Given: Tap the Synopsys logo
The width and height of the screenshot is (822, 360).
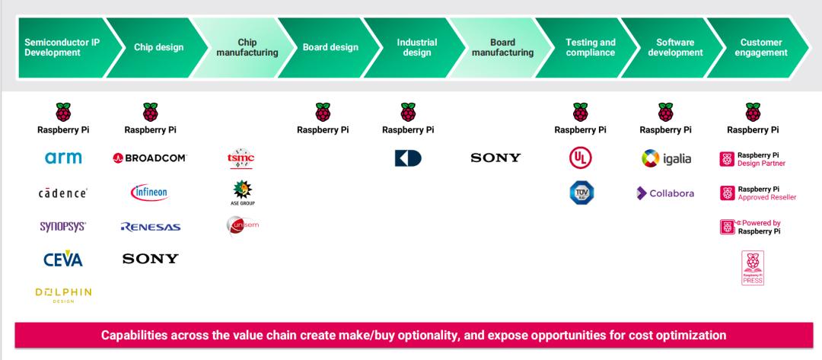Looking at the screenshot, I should [x=62, y=227].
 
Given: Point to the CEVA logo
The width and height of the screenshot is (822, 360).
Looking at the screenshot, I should [x=62, y=259].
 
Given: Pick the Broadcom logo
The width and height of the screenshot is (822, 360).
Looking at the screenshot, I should [x=150, y=158].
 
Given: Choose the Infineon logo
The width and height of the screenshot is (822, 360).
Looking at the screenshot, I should [x=150, y=192].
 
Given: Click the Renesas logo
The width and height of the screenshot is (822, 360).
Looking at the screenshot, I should [x=150, y=227].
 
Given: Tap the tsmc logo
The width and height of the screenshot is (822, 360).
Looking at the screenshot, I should [x=241, y=159].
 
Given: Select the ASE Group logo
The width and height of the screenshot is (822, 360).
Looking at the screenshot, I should [x=241, y=193].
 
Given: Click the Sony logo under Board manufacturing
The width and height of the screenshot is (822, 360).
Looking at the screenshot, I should [x=495, y=158].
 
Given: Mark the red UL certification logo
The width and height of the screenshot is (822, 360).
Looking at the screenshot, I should [x=581, y=158].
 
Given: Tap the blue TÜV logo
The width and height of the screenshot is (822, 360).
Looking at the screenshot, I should [x=581, y=193].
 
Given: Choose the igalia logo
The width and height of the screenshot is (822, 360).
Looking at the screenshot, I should [x=665, y=159].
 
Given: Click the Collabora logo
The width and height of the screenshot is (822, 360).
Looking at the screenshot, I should [x=665, y=193].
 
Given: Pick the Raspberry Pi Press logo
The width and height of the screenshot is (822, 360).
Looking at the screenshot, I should [x=752, y=269].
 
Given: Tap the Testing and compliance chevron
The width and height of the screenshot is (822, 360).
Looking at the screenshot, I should [x=590, y=47].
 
